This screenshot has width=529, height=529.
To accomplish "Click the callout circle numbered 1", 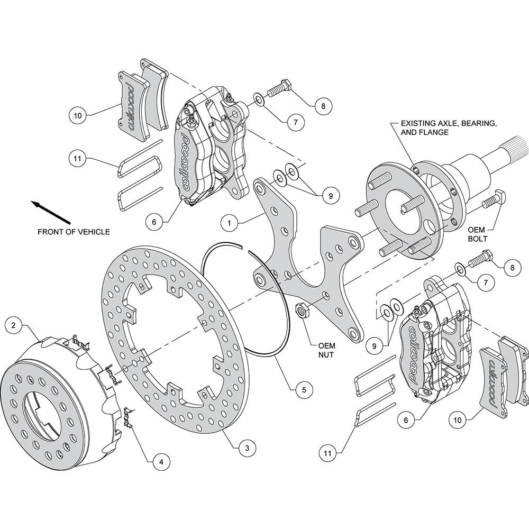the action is click(230, 223).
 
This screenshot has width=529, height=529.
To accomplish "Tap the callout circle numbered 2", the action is click(14, 325).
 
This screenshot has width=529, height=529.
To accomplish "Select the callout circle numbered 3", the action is click(247, 448).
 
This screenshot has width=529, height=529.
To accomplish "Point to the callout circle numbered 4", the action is click(161, 461).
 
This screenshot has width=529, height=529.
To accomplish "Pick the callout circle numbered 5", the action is click(304, 390).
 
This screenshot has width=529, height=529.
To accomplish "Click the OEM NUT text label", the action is click(326, 350).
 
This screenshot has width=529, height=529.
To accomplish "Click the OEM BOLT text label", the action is click(477, 234).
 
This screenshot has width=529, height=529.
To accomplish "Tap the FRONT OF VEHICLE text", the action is click(74, 232).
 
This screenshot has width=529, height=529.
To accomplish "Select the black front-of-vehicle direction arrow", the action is click(51, 212).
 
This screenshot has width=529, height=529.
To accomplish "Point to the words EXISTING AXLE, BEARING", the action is click(449, 123).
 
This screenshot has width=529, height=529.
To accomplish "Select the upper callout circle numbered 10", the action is click(78, 116).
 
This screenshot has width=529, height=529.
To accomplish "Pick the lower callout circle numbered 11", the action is click(327, 453).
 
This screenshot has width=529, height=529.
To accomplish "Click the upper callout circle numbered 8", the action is click(323, 106).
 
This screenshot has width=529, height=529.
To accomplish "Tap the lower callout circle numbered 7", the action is click(486, 282).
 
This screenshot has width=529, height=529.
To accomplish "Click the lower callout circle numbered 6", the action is click(406, 420).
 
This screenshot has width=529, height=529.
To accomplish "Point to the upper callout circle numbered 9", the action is click(330, 196).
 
